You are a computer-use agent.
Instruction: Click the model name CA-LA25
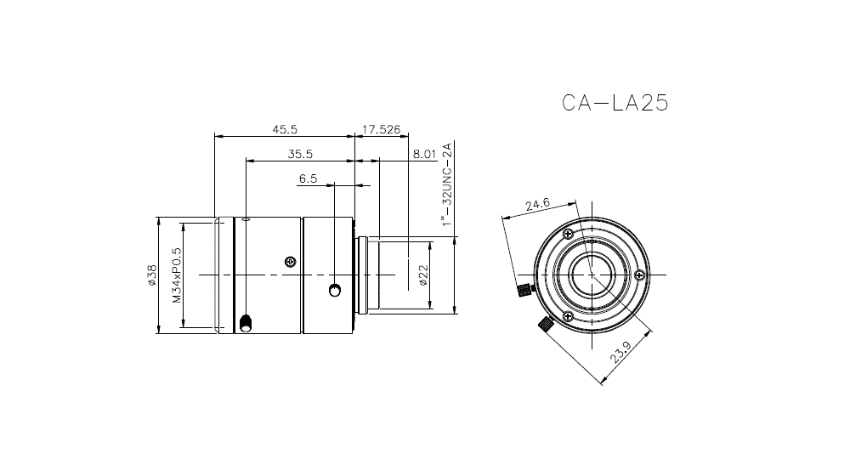click(615, 103)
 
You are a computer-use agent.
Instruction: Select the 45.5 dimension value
click(284, 129)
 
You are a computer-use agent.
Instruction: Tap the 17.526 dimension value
click(381, 129)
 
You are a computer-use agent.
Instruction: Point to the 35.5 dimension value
click(300, 154)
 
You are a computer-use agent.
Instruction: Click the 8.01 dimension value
click(423, 154)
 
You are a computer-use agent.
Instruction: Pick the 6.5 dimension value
click(308, 178)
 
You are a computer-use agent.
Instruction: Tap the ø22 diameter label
click(422, 275)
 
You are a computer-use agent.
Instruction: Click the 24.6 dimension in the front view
click(538, 205)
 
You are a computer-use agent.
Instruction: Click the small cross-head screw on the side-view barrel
click(291, 261)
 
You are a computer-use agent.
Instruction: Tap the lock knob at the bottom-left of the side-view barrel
click(246, 323)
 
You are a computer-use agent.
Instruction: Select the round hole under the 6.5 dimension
click(335, 292)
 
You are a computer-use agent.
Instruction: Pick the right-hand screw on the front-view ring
click(639, 275)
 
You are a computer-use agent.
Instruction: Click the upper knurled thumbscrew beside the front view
click(523, 292)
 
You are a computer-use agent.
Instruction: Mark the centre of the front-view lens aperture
click(592, 275)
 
